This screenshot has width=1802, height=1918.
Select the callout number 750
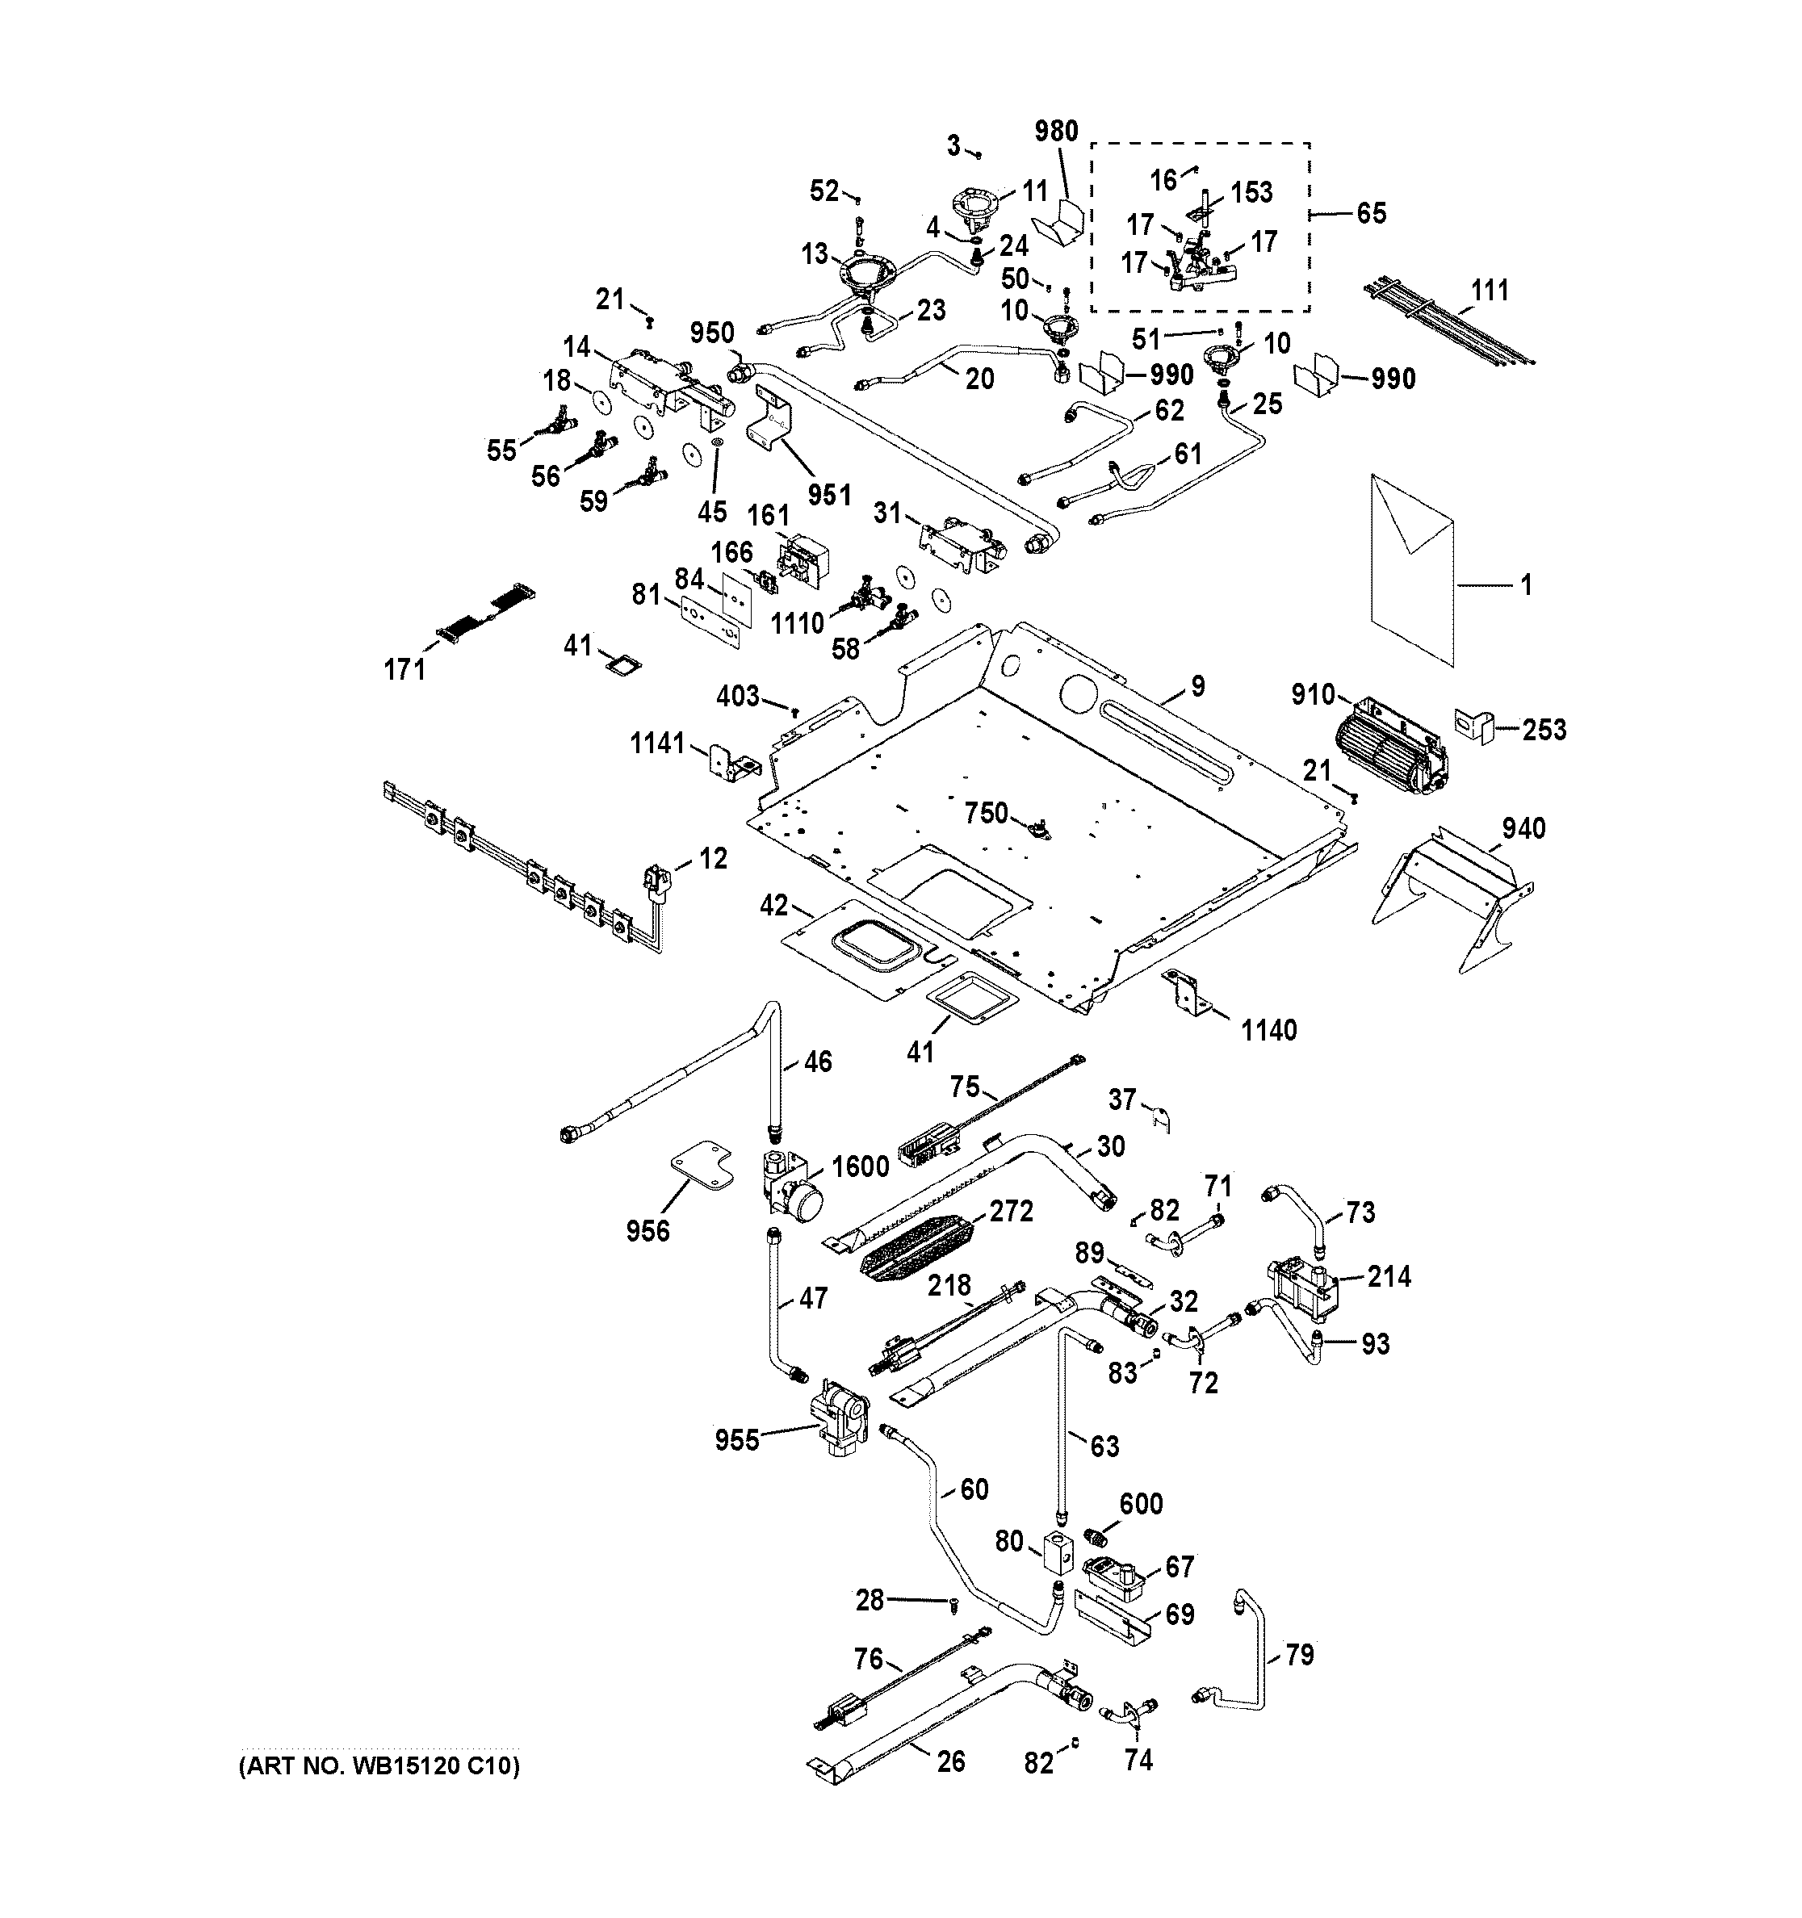coord(986,814)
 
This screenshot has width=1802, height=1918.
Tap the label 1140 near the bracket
coord(1268,1029)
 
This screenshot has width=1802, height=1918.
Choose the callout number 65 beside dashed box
coord(1371,212)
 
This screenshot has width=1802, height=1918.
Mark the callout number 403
coord(738,696)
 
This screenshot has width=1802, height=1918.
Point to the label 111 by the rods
coord(1489,290)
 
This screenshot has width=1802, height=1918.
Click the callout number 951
coord(828,494)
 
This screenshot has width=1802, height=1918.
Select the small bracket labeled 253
coord(1474,725)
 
